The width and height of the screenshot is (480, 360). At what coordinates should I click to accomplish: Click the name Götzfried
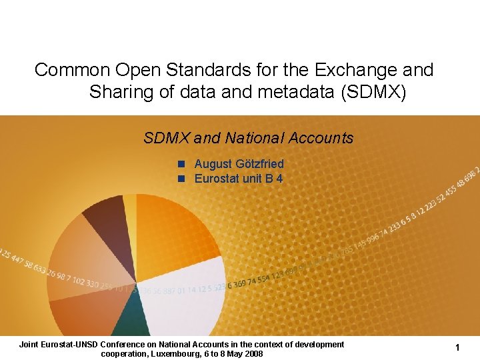(258, 164)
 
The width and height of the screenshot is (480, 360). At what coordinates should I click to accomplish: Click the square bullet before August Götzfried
(180, 164)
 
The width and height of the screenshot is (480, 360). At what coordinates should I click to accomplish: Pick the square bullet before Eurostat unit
(180, 179)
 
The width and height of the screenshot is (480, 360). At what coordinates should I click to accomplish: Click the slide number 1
(458, 347)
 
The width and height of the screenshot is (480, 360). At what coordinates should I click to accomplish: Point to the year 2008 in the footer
(253, 353)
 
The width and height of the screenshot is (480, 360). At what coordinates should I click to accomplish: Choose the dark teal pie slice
(131, 320)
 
